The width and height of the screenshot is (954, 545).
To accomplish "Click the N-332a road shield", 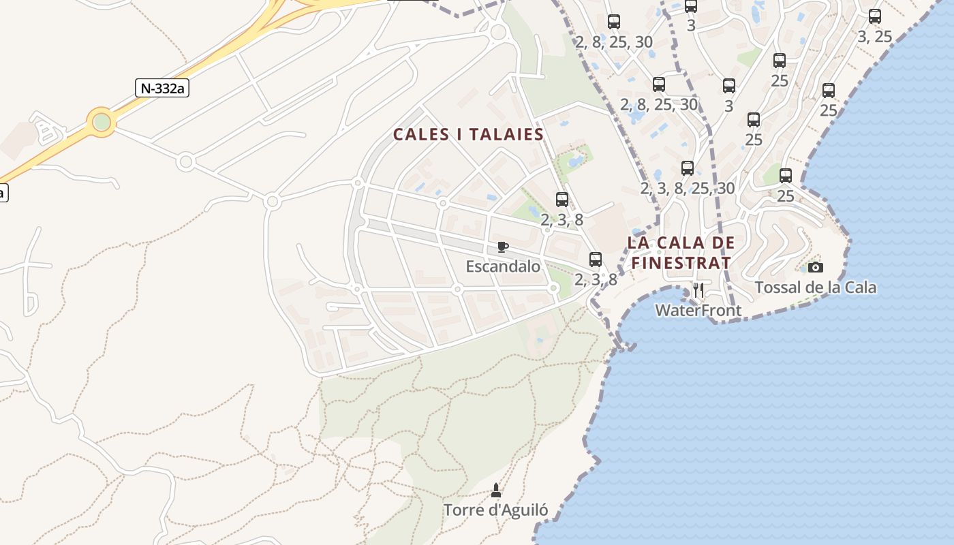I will pyautogui.click(x=162, y=88).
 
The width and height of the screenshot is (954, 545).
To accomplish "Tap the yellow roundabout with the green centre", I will pyautogui.click(x=102, y=122).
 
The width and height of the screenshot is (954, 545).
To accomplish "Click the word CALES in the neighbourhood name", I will pyautogui.click(x=420, y=134).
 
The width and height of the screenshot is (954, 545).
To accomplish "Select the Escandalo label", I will pyautogui.click(x=503, y=266).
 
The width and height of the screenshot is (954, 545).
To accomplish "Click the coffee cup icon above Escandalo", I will pyautogui.click(x=503, y=247).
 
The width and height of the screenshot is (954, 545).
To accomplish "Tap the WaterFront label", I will pyautogui.click(x=698, y=311).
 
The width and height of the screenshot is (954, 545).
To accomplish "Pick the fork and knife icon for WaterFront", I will pyautogui.click(x=698, y=291).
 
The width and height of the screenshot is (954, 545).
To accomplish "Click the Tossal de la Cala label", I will pyautogui.click(x=815, y=287).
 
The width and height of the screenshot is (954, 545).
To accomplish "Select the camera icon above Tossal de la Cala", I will pyautogui.click(x=815, y=267).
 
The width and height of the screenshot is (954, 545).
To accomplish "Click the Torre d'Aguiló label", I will pyautogui.click(x=495, y=510).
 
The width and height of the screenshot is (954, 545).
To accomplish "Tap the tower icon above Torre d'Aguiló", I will pyautogui.click(x=495, y=490).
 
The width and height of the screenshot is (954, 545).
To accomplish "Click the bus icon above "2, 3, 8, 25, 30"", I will pyautogui.click(x=688, y=168).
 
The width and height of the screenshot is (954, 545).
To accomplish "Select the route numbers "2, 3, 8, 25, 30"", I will pyautogui.click(x=688, y=188).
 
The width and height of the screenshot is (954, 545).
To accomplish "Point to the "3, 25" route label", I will pyautogui.click(x=874, y=37).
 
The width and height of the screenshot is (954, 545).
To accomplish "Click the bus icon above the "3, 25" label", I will pyautogui.click(x=875, y=16).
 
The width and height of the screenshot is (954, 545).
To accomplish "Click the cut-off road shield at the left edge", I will pyautogui.click(x=2, y=192).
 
